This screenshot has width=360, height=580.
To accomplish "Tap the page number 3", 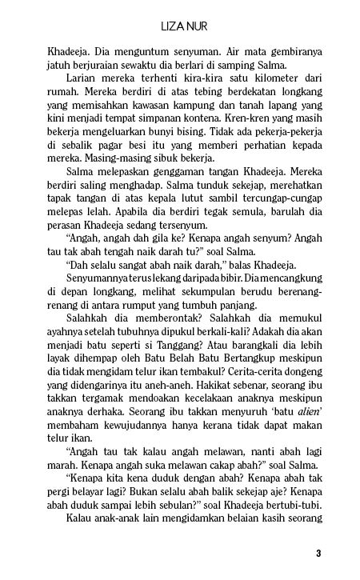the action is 318,552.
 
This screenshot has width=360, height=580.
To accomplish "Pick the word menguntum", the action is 124,53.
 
